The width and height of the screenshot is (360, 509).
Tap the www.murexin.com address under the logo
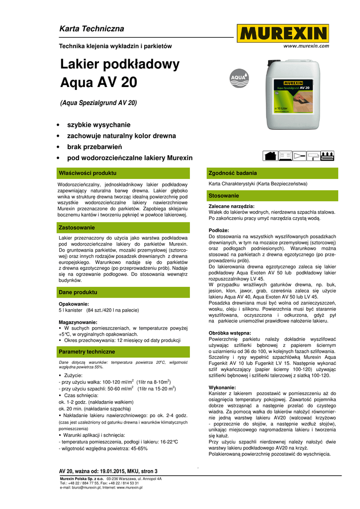306,46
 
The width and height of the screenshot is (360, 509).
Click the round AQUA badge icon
239,78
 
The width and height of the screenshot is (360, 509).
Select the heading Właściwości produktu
87,173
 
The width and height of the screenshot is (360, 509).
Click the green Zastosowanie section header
77,228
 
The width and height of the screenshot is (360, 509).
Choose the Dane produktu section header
78,292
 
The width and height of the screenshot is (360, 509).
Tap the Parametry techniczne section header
87,351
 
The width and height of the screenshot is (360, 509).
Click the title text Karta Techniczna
91,29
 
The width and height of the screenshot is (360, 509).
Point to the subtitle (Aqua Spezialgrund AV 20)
98,103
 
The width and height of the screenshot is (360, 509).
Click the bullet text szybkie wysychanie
98,125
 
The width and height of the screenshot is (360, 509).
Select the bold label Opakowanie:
74,304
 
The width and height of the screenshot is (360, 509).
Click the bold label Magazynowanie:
78,322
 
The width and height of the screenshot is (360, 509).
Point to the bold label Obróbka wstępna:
230,333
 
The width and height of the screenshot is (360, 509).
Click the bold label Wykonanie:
222,387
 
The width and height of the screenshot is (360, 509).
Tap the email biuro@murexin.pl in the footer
88,488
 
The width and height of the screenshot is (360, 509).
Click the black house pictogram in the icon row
270,156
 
